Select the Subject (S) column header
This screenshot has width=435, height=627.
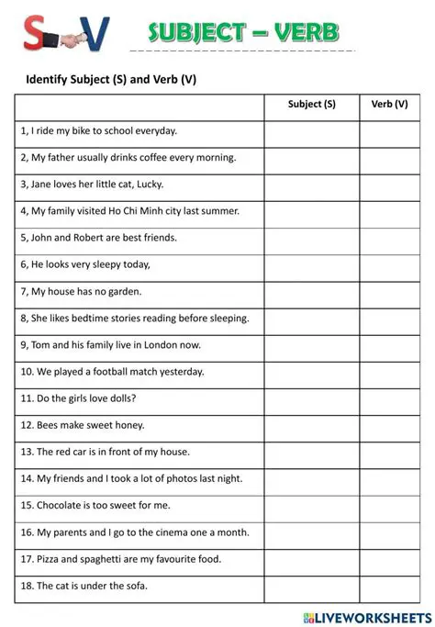coord(311,104)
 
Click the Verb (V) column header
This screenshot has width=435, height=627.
coord(389,104)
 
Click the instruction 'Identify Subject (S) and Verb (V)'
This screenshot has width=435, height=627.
coord(111,79)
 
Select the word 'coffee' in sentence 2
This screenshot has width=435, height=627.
coord(165,158)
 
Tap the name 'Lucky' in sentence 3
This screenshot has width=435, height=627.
coord(150,185)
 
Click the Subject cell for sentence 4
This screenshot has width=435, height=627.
coord(311,211)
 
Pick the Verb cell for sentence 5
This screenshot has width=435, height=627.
coord(389,238)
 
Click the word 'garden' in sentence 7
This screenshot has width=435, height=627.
coord(125,292)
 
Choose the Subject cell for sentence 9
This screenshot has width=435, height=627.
coord(311,345)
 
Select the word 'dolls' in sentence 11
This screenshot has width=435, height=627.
coord(123,398)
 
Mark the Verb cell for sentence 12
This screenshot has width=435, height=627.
coord(389,425)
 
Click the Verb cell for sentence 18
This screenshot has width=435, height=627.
coord(389,586)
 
